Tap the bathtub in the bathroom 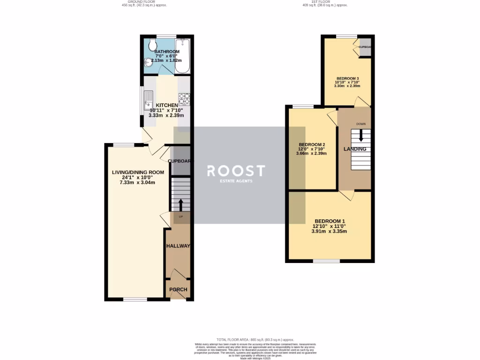183,56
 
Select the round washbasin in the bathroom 149,62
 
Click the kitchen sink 149,99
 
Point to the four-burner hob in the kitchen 183,99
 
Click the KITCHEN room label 166,105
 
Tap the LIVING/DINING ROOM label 138,172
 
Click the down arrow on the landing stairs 360,135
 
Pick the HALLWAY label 178,246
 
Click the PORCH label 178,290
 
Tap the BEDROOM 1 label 330,221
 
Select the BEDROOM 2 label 312,144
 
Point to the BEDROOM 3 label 347,78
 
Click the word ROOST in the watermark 236,170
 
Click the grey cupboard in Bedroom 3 365,49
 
